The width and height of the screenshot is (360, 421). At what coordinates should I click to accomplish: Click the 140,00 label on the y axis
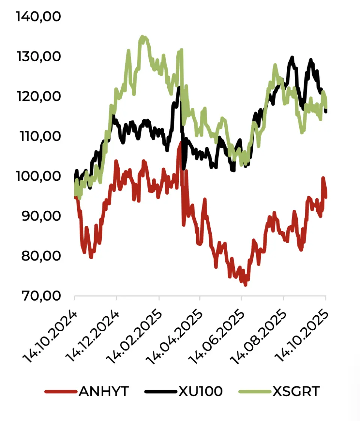pos(39,17)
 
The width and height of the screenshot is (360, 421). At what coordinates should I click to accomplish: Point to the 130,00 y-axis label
pos(39,57)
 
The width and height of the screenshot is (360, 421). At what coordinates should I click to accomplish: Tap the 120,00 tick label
pos(39,97)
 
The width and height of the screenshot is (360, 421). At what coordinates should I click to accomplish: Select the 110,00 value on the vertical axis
pos(39,137)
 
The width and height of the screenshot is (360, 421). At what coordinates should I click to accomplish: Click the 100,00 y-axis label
pos(39,176)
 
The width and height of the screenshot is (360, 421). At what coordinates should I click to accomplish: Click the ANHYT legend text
pos(103,392)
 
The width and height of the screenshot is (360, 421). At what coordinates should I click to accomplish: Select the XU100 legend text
pos(200,392)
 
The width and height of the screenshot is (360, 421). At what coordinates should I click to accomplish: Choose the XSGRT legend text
pos(296,392)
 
